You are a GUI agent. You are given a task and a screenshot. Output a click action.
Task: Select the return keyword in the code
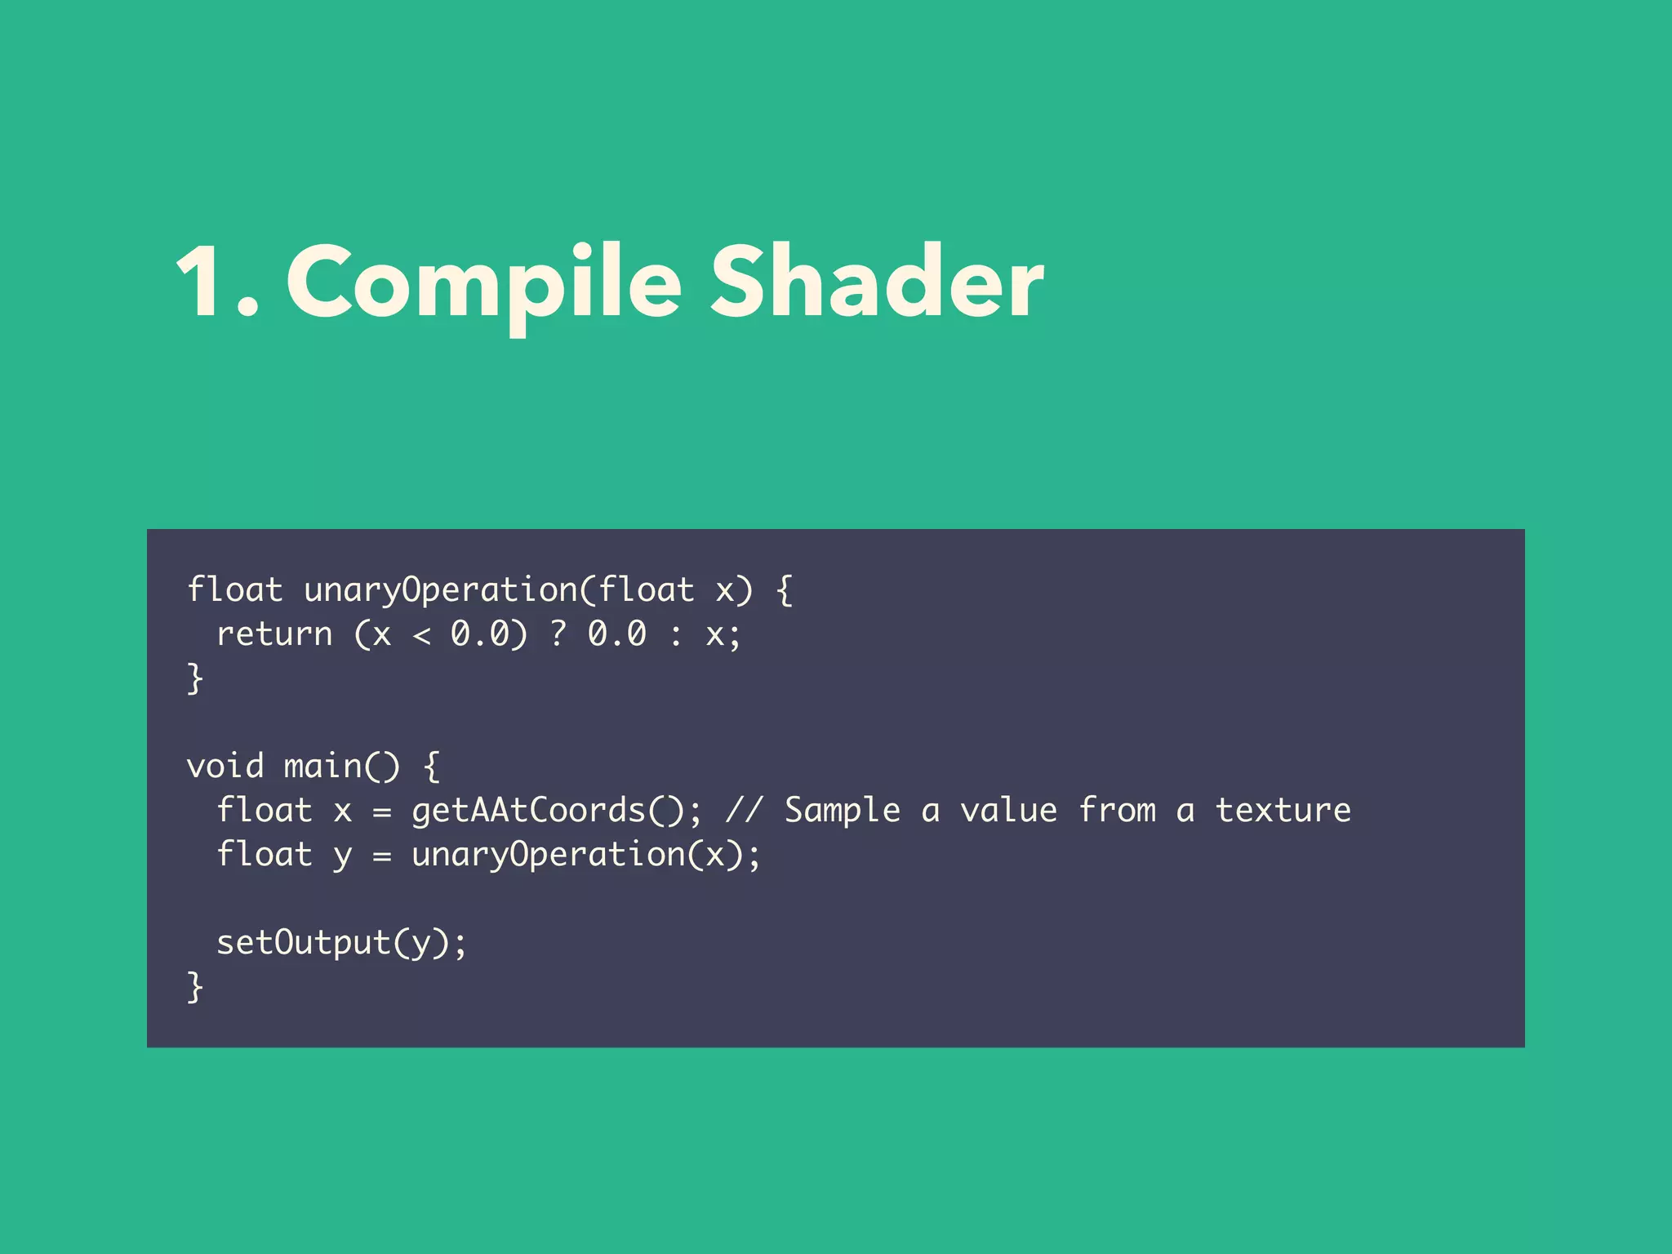pos(274,634)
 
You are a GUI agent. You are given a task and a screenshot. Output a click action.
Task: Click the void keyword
pos(225,767)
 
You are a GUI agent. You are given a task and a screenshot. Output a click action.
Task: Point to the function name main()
pos(341,767)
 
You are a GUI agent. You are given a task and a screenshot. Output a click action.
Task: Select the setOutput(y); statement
pos(341,943)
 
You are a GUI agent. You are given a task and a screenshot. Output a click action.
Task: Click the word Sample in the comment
pos(842,811)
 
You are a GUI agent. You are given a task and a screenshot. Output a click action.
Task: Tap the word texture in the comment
pos(1283,811)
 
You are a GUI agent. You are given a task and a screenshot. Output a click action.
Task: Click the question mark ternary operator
pos(558,634)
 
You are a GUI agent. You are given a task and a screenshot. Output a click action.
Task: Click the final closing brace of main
pos(195,987)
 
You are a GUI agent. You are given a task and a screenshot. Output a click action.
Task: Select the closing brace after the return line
pos(195,678)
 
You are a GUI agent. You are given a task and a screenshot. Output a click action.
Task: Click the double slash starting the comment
pos(744,811)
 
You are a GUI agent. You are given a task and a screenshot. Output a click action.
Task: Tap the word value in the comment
pos(1008,811)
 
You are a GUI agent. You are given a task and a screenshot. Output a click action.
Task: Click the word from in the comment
pos(1117,811)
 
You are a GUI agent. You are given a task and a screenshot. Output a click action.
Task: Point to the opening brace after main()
pos(432,767)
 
